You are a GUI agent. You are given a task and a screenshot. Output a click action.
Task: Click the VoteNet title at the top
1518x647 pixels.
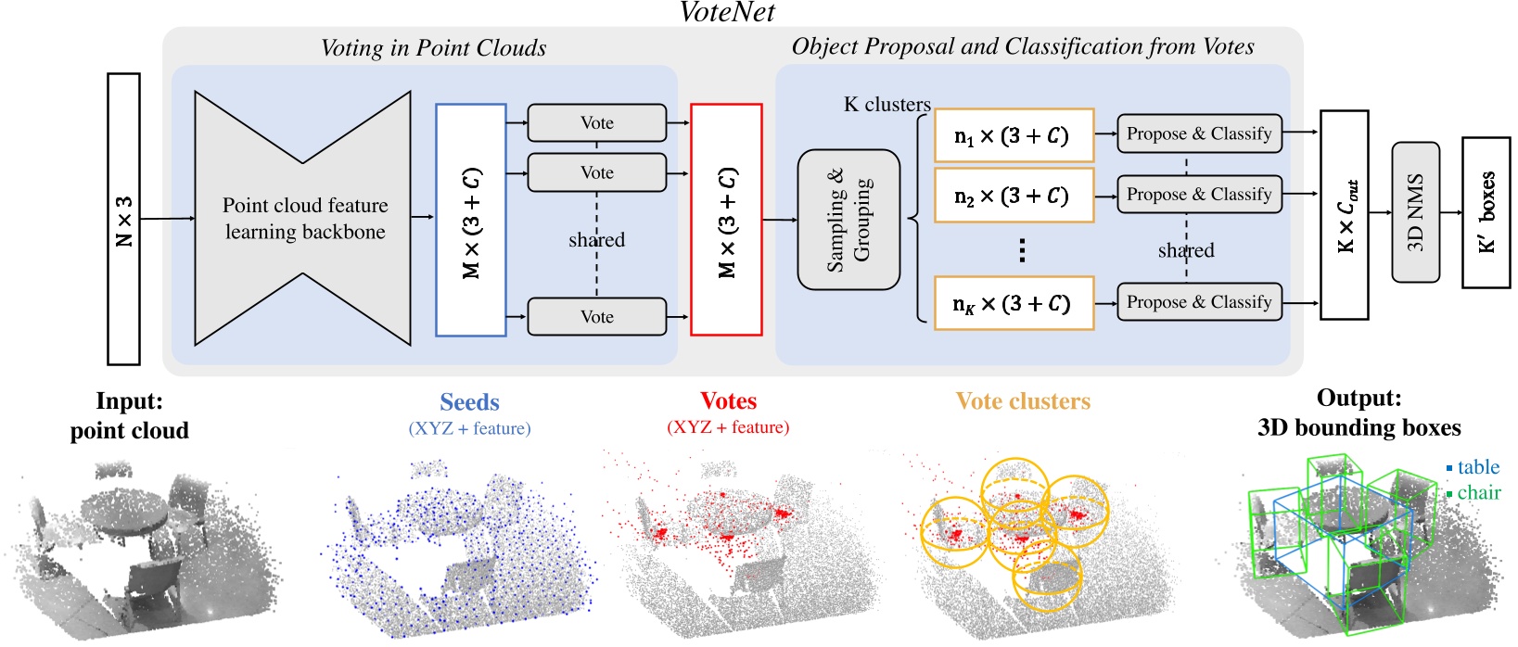click(727, 12)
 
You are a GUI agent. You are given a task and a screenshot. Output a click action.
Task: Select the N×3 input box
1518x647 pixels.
click(124, 219)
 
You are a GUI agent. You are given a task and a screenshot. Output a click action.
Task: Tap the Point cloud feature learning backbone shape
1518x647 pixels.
click(303, 219)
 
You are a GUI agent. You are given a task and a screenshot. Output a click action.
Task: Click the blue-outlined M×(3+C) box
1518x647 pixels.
click(471, 220)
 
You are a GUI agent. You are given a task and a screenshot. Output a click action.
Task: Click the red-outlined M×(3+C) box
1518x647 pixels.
click(727, 220)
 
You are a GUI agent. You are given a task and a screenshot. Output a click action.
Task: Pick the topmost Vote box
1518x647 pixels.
click(597, 123)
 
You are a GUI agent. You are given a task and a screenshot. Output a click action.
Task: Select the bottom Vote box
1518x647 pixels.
click(597, 317)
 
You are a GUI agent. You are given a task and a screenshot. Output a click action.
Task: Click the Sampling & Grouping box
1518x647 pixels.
click(848, 220)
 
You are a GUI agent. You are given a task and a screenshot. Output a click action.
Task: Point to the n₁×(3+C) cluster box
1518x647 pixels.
click(1013, 135)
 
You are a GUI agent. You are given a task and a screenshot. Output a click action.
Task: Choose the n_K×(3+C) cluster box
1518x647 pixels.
click(1013, 303)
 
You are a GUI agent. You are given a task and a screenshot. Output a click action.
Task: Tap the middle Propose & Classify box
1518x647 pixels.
click(1199, 195)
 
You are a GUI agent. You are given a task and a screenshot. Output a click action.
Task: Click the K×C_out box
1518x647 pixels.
click(1344, 215)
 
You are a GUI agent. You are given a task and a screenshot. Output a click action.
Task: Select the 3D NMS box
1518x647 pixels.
click(1415, 212)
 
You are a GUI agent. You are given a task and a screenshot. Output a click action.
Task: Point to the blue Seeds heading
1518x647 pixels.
click(469, 402)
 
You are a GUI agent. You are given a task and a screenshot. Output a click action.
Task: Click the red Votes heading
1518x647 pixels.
click(728, 401)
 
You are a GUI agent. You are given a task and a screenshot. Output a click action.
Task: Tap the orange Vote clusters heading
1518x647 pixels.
click(1023, 401)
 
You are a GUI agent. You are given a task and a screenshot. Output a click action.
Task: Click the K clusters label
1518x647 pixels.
click(887, 105)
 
